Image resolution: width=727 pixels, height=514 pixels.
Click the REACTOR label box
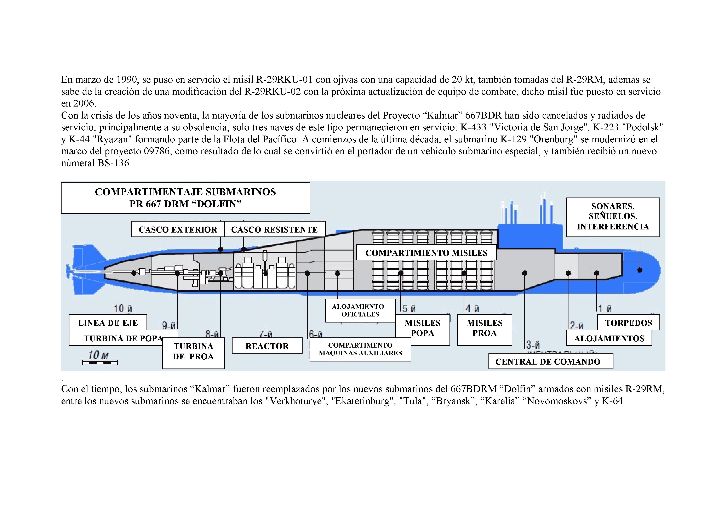(267, 346)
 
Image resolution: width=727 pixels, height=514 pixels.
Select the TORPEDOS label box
(629, 323)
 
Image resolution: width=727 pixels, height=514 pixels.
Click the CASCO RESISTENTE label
(274, 229)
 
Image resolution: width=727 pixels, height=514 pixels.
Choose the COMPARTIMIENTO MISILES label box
(426, 253)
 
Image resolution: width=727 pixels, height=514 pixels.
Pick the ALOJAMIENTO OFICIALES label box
(360, 310)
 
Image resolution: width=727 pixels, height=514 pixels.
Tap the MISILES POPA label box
(422, 328)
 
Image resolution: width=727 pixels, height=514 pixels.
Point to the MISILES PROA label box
(485, 328)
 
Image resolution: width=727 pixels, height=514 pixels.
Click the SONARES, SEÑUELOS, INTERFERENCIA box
(613, 217)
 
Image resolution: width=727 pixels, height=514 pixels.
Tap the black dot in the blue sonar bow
(640, 270)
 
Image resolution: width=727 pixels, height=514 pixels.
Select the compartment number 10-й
(123, 308)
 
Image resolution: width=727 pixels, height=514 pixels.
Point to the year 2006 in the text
(84, 103)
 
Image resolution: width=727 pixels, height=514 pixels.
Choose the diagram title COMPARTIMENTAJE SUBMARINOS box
(185, 198)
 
